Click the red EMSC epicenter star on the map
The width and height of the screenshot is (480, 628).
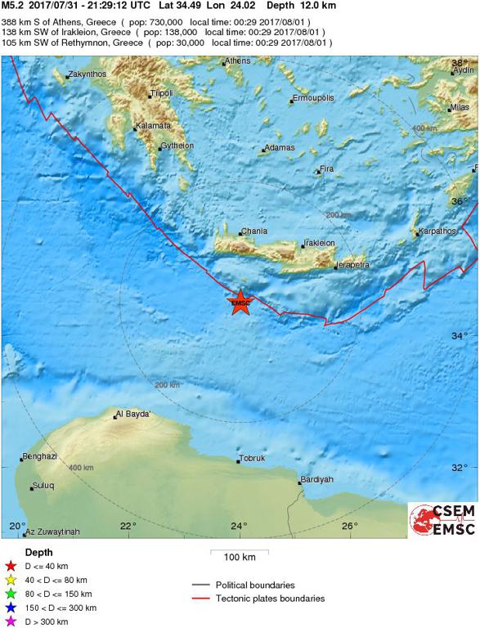(x=240, y=302)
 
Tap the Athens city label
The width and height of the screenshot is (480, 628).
(x=238, y=61)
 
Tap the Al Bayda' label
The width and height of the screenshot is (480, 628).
(x=133, y=414)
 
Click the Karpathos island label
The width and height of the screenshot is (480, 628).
(x=437, y=231)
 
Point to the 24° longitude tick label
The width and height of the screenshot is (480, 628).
(x=239, y=526)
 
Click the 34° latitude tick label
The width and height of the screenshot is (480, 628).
(x=460, y=335)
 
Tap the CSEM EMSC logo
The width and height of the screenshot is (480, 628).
(x=442, y=521)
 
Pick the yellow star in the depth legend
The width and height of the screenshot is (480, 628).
(x=10, y=580)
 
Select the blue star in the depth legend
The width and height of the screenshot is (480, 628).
(x=10, y=608)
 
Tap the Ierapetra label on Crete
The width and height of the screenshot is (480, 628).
(x=352, y=265)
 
